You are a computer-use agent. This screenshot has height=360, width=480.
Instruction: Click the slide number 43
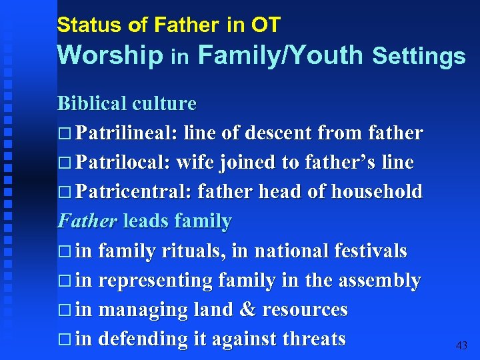[x=461, y=346]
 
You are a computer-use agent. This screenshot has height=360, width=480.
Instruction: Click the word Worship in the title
[x=110, y=55]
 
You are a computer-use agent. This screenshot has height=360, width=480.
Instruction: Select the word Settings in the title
[x=419, y=57]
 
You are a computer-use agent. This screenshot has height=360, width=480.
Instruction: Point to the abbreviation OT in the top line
[x=265, y=25]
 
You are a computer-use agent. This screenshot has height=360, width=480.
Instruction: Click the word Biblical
[x=93, y=103]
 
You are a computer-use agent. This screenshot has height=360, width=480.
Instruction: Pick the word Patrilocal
[x=119, y=162]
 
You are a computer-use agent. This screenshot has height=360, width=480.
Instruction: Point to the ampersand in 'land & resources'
[x=248, y=310]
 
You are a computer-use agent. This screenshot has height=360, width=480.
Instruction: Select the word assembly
[x=379, y=281]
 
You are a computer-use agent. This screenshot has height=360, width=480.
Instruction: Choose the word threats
[x=313, y=339]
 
